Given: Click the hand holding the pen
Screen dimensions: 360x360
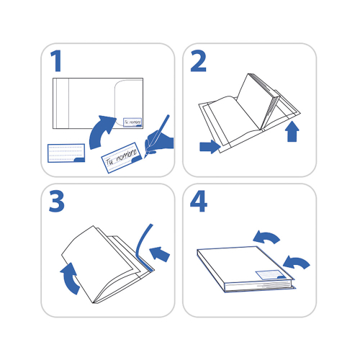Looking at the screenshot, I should click(x=160, y=142).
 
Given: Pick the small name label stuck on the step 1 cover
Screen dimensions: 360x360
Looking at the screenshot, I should click(x=132, y=122).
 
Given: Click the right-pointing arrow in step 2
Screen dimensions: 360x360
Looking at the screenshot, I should click(x=209, y=147).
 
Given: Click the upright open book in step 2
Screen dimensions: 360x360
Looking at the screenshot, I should click(x=256, y=101).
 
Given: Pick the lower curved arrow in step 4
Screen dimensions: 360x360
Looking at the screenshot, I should click(x=297, y=262).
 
